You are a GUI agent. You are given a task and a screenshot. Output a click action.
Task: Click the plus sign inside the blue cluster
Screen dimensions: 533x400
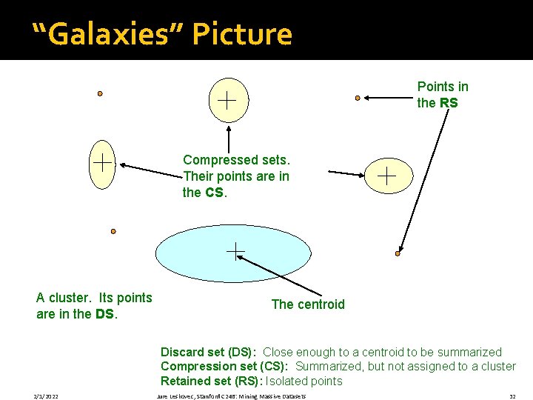(235, 252)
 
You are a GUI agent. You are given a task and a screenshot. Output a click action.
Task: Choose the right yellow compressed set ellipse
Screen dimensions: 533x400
(386, 176)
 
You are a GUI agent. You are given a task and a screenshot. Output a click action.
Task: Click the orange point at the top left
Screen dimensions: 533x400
(100, 94)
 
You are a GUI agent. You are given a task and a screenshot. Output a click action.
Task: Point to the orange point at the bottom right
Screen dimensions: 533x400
(398, 253)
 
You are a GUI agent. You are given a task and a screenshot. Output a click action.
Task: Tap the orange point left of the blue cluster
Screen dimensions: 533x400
(113, 231)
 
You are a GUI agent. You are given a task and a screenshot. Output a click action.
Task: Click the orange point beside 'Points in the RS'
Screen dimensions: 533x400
(358, 97)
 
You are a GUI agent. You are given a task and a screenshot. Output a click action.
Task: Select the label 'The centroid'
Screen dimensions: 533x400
(308, 304)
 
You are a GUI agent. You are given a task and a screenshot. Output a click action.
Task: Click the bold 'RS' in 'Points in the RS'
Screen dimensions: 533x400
(449, 103)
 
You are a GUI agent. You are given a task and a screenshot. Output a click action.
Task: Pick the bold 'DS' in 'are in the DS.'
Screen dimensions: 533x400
(104, 314)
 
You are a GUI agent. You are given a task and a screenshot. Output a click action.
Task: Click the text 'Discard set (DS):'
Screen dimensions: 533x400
(208, 353)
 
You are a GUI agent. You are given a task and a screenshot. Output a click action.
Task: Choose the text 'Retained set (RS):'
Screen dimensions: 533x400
(209, 381)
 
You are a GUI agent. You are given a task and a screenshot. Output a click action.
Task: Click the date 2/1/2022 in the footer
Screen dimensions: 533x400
(46, 396)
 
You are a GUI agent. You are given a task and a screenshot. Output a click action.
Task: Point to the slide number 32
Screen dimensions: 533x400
(512, 396)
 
